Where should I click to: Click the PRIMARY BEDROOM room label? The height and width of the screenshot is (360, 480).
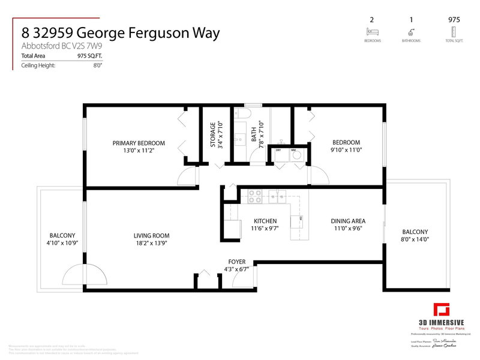[139, 143]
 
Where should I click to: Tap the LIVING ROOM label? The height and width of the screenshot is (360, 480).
[151, 236]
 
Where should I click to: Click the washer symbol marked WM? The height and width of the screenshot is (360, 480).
[296, 154]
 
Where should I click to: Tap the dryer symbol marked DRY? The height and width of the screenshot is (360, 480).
[279, 154]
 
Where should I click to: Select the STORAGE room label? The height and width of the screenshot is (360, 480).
[212, 135]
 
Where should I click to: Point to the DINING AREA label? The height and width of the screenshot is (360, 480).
[348, 221]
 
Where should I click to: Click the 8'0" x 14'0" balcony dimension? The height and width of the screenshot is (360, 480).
[415, 239]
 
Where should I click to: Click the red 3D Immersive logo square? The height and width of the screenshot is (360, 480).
[442, 310]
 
